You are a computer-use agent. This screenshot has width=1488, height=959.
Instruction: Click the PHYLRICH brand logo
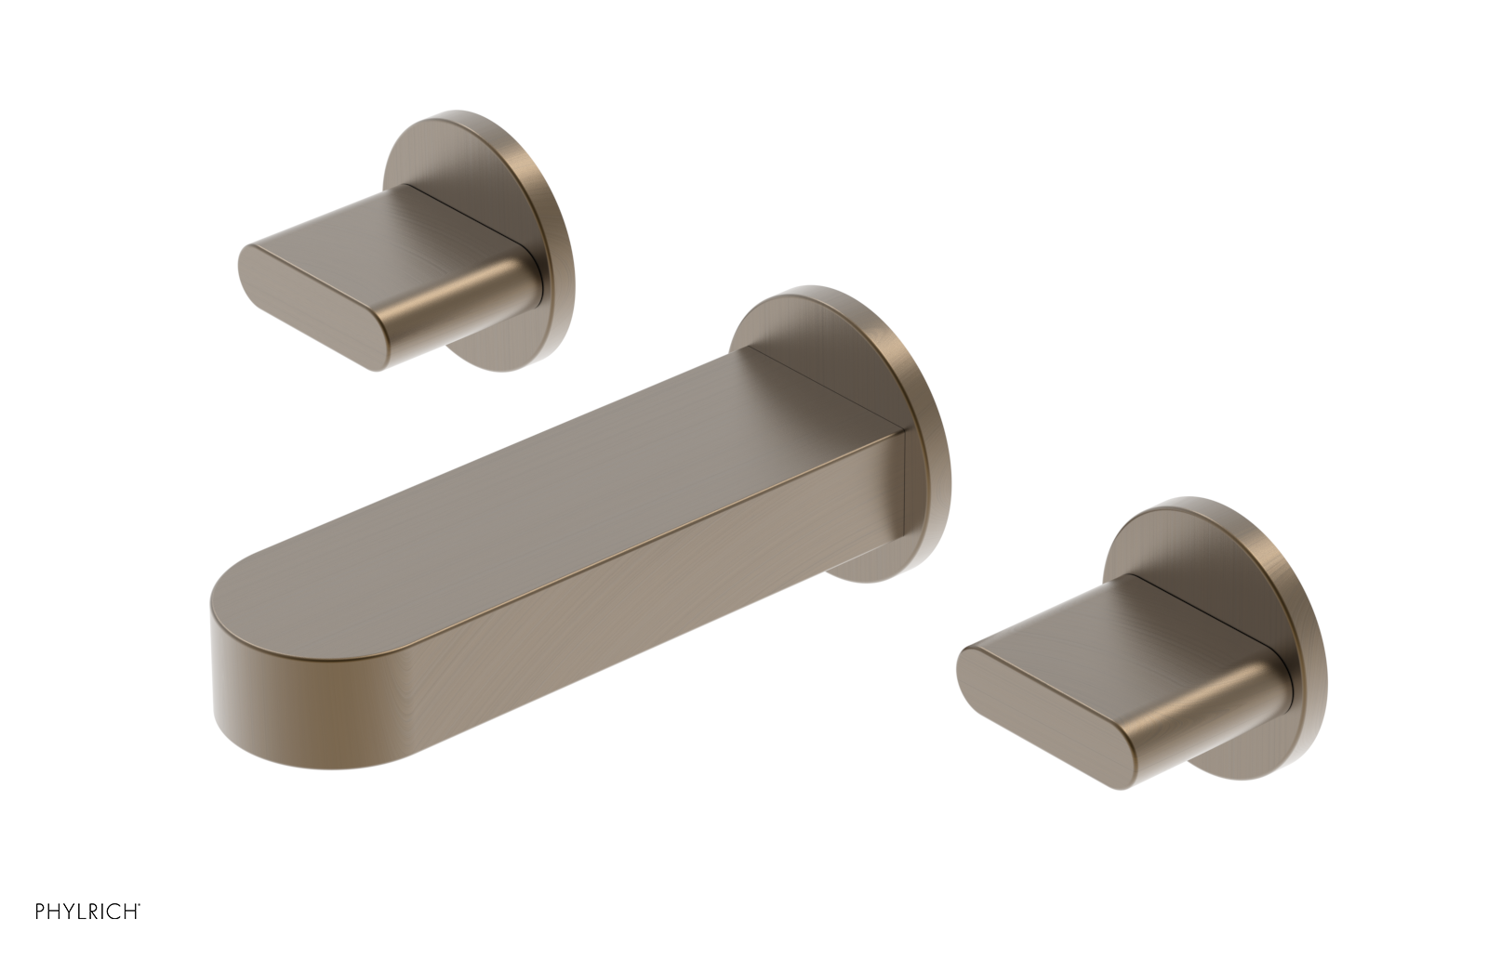click(87, 912)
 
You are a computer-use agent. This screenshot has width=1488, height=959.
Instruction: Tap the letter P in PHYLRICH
click(40, 912)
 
